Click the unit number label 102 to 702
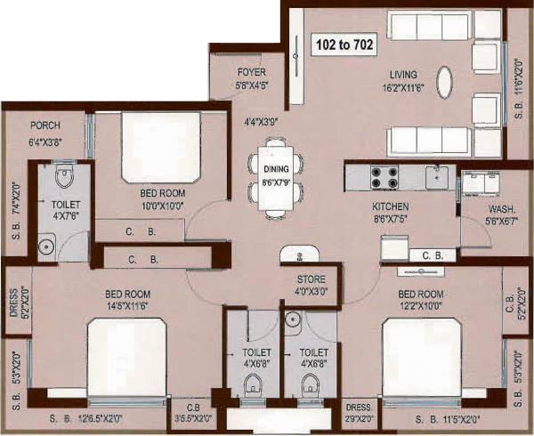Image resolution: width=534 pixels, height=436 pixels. [x=344, y=43]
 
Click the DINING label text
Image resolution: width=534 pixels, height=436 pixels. [x=276, y=168]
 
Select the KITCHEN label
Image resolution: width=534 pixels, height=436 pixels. [x=390, y=206]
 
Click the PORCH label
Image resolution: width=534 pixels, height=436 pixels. [x=44, y=126]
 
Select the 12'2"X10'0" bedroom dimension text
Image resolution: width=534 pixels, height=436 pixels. [x=419, y=305]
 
